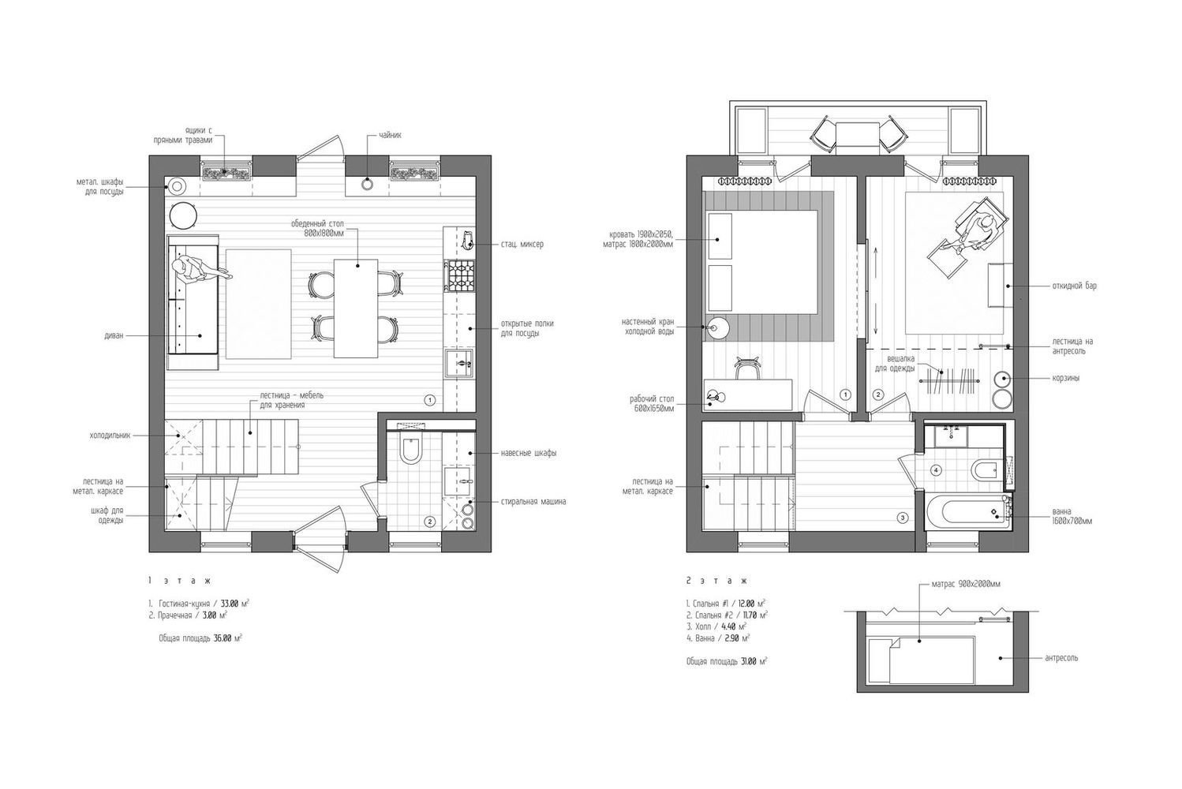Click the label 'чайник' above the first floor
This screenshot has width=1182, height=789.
click(390, 135)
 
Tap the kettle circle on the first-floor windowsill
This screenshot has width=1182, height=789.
click(367, 184)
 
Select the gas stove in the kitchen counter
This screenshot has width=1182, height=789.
click(461, 275)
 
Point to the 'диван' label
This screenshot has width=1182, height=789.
click(114, 335)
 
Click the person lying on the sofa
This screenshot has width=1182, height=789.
click(200, 271)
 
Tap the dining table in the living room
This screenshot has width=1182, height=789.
click(356, 308)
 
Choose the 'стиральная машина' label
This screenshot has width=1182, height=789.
click(533, 501)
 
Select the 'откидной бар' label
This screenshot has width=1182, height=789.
click(1075, 286)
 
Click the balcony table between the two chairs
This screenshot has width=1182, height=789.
click(858, 138)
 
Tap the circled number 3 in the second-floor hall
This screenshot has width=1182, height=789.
click(903, 518)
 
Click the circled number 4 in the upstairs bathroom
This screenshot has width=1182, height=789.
click(936, 470)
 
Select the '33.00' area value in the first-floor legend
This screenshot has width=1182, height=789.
click(230, 604)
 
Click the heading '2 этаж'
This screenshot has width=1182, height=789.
click(716, 581)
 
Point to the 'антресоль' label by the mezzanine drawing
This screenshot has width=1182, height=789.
click(1061, 658)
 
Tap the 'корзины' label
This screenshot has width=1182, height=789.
click(1066, 378)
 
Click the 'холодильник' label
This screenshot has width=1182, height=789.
click(110, 436)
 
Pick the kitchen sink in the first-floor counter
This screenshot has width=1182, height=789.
click(459, 363)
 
